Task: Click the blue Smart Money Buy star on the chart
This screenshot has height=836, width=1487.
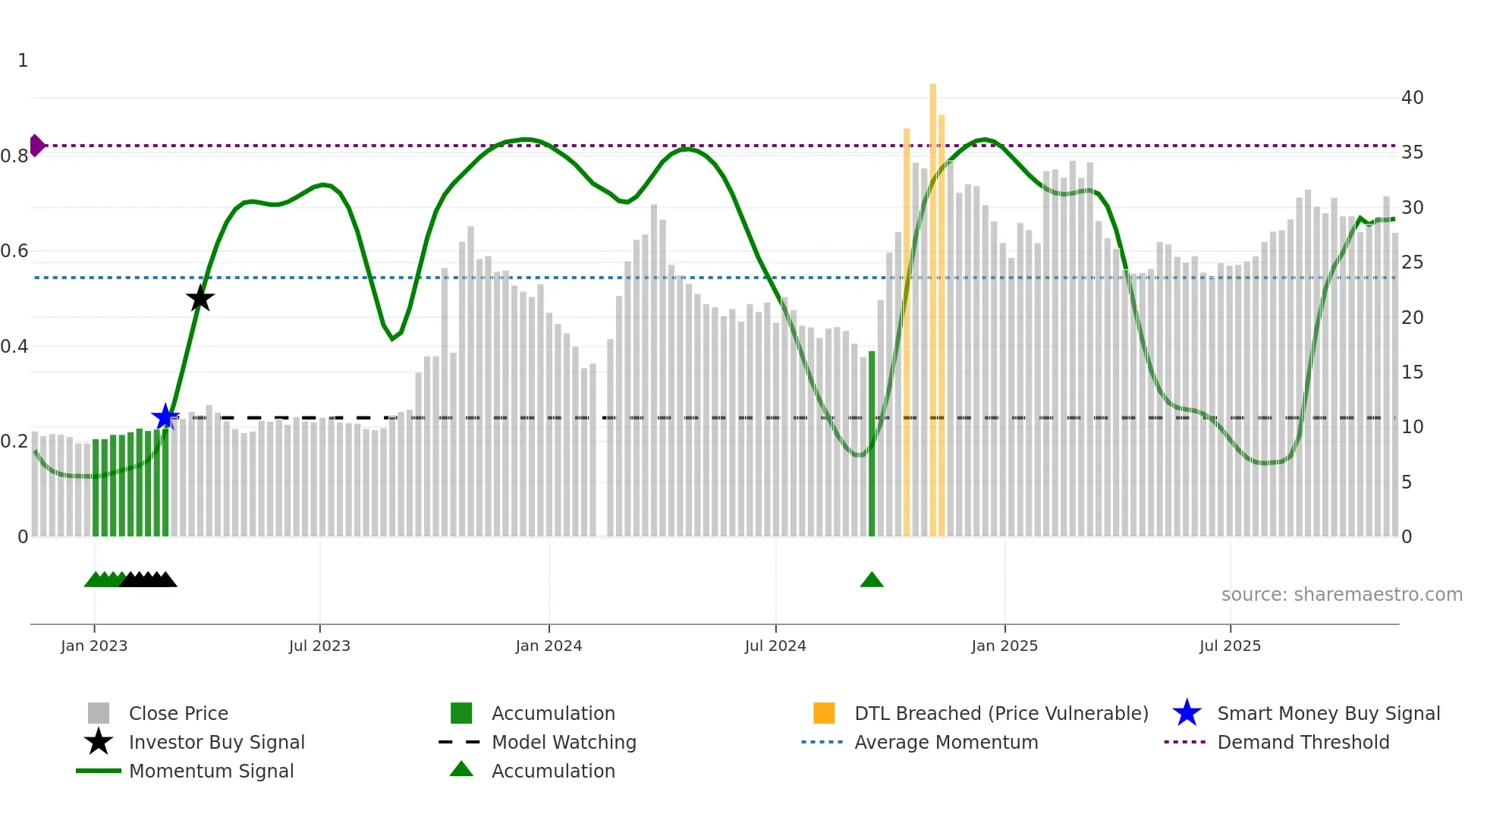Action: click(165, 417)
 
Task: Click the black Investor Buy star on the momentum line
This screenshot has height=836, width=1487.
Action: click(200, 299)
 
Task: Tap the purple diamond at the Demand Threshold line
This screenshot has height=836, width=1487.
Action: click(36, 145)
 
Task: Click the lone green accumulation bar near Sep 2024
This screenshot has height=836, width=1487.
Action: click(872, 444)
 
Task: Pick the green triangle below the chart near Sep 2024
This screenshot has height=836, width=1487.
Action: click(872, 580)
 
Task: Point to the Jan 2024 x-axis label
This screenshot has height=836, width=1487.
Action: click(549, 646)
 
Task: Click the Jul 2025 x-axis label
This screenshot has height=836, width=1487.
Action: click(1230, 646)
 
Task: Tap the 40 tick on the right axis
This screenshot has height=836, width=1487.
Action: click(1412, 98)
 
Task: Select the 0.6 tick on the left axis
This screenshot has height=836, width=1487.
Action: click(14, 251)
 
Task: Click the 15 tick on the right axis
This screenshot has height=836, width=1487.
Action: click(1412, 372)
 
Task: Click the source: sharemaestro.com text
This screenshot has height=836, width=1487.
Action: click(1341, 595)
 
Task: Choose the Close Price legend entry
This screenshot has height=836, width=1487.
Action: click(178, 713)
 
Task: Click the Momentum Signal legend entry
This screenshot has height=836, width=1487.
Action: click(211, 771)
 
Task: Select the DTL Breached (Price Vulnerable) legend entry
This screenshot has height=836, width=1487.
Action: click(1001, 713)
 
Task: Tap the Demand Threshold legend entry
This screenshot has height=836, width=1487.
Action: click(1303, 742)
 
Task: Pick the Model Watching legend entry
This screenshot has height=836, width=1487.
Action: click(564, 742)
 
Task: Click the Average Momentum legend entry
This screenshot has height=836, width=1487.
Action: click(946, 742)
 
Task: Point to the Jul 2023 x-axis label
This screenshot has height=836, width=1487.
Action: click(319, 646)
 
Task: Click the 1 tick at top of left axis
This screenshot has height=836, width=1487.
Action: click(23, 61)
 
